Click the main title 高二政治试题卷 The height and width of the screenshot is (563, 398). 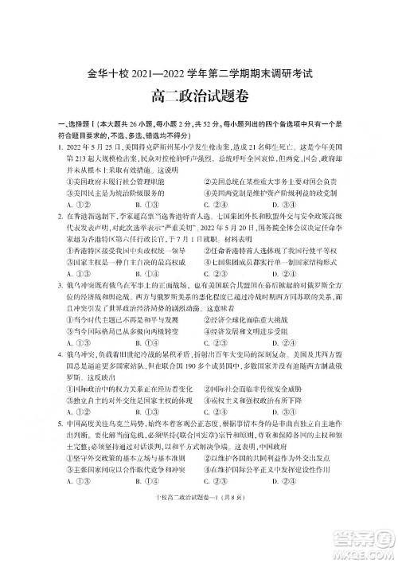tap(198, 99)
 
